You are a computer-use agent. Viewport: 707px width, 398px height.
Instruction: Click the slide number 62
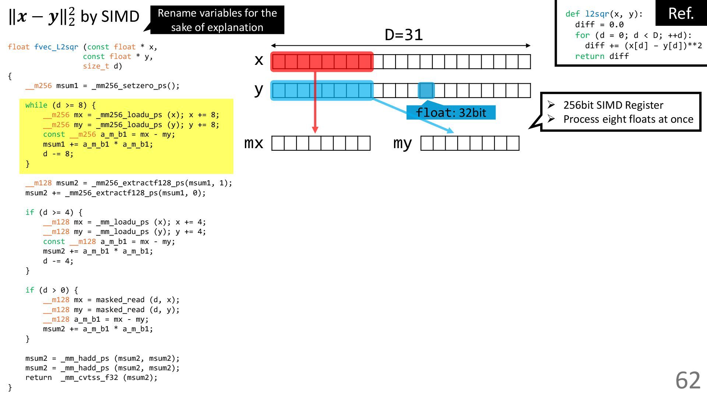click(687, 380)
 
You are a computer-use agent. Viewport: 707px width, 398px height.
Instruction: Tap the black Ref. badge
click(681, 14)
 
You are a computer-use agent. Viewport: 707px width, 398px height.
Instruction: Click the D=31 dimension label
click(404, 35)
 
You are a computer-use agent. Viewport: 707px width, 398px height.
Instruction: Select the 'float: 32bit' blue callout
click(451, 113)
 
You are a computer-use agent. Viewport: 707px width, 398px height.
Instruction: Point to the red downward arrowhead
click(315, 130)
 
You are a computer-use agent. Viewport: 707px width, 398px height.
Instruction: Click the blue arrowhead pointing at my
click(450, 130)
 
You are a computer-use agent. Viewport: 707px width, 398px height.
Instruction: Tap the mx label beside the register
click(254, 143)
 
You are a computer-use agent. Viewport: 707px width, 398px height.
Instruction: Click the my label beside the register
click(402, 143)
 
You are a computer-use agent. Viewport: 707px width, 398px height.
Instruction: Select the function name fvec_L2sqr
click(56, 47)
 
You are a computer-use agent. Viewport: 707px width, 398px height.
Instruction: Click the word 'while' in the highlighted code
click(36, 105)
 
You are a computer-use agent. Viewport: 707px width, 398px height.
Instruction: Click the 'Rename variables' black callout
click(217, 20)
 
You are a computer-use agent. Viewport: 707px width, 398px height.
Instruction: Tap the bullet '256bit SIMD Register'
click(613, 105)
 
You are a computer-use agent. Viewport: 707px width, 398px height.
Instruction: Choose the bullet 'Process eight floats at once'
click(628, 119)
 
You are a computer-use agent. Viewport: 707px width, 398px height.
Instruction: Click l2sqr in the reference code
click(597, 14)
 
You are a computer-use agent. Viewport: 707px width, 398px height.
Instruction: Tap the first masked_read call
click(120, 300)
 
